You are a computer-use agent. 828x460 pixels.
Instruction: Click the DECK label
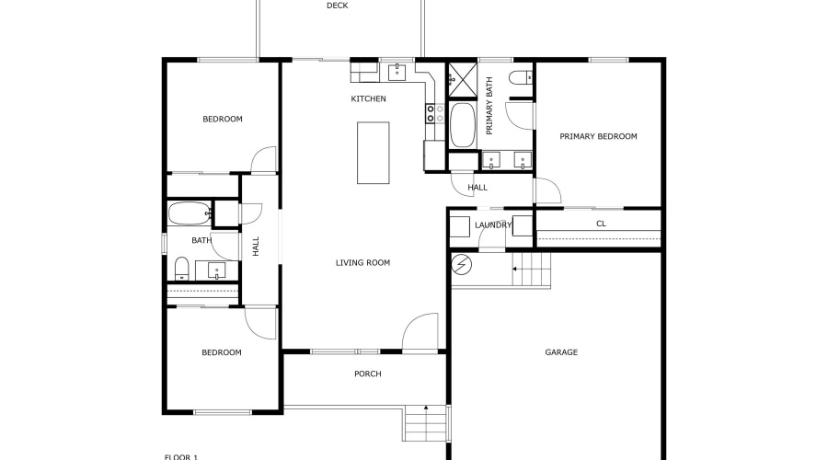click(x=337, y=6)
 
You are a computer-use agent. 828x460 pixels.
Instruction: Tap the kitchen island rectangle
click(x=373, y=153)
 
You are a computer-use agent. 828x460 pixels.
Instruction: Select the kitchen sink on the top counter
click(x=397, y=71)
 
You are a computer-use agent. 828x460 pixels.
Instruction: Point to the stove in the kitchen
click(x=430, y=114)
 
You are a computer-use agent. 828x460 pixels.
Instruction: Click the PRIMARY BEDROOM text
click(x=598, y=136)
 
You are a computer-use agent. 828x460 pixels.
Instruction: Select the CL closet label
click(x=601, y=224)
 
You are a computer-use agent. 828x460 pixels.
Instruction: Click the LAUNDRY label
click(x=492, y=224)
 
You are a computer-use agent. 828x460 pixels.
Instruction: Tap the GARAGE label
click(x=561, y=352)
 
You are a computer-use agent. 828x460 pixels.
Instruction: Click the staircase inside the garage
click(x=531, y=270)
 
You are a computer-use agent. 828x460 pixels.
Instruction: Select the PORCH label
click(x=367, y=374)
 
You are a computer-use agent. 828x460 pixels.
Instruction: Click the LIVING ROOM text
click(x=362, y=263)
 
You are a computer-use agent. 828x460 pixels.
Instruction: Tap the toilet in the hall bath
click(x=181, y=269)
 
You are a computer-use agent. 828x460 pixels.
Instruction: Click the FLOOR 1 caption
click(x=181, y=456)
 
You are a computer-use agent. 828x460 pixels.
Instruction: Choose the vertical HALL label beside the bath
click(x=256, y=246)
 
